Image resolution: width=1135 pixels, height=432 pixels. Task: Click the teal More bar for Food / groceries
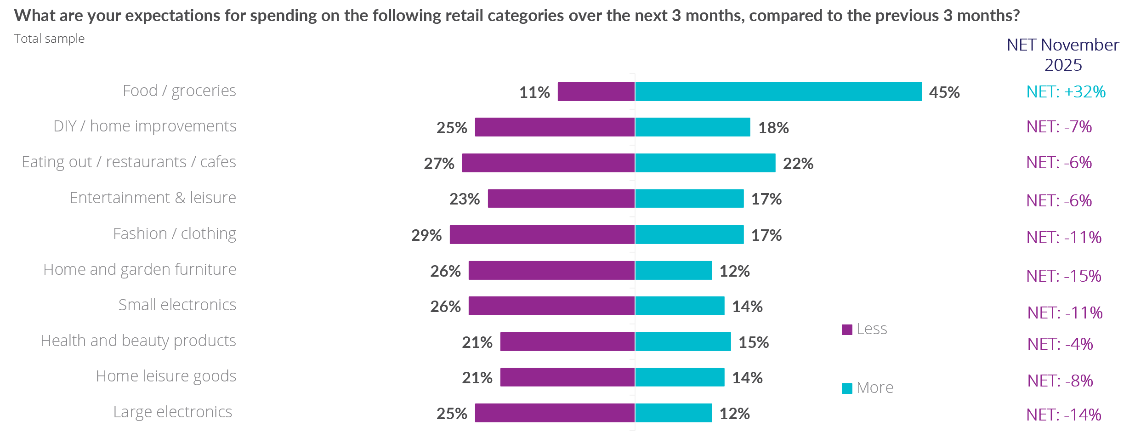pyautogui.click(x=778, y=91)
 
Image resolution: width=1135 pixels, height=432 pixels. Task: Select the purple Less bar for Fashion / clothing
pyautogui.click(x=542, y=234)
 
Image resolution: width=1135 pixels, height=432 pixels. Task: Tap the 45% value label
pyautogui.click(x=944, y=92)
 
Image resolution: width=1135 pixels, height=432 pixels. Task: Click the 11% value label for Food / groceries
pyautogui.click(x=534, y=92)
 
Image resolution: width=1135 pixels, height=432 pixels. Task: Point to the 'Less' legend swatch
pyautogui.click(x=847, y=330)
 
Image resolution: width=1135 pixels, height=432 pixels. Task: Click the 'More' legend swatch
pyautogui.click(x=847, y=388)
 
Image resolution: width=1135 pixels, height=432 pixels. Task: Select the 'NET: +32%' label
pyautogui.click(x=1066, y=91)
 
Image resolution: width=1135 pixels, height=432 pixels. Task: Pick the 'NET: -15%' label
pyautogui.click(x=1064, y=276)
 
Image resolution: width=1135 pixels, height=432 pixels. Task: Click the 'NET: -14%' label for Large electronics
pyautogui.click(x=1064, y=415)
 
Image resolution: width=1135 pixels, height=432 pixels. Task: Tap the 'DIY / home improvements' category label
pyautogui.click(x=145, y=126)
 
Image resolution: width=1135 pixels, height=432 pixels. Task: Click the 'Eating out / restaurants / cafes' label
pyautogui.click(x=129, y=162)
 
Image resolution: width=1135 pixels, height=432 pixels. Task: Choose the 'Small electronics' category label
pyautogui.click(x=177, y=305)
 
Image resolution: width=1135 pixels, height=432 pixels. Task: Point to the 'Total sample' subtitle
pyautogui.click(x=49, y=39)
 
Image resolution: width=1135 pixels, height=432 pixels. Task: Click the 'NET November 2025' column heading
pyautogui.click(x=1063, y=55)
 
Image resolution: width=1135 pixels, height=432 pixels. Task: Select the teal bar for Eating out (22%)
pyautogui.click(x=705, y=163)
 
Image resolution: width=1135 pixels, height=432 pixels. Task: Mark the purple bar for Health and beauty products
pyautogui.click(x=567, y=341)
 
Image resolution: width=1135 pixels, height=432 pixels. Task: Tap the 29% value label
pyautogui.click(x=426, y=235)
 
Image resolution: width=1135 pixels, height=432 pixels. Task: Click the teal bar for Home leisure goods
pyautogui.click(x=680, y=377)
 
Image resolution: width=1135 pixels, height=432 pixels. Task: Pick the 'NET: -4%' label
pyautogui.click(x=1060, y=344)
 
